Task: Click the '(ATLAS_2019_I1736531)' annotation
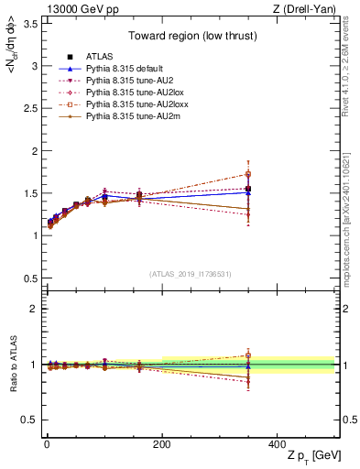point(191,274)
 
